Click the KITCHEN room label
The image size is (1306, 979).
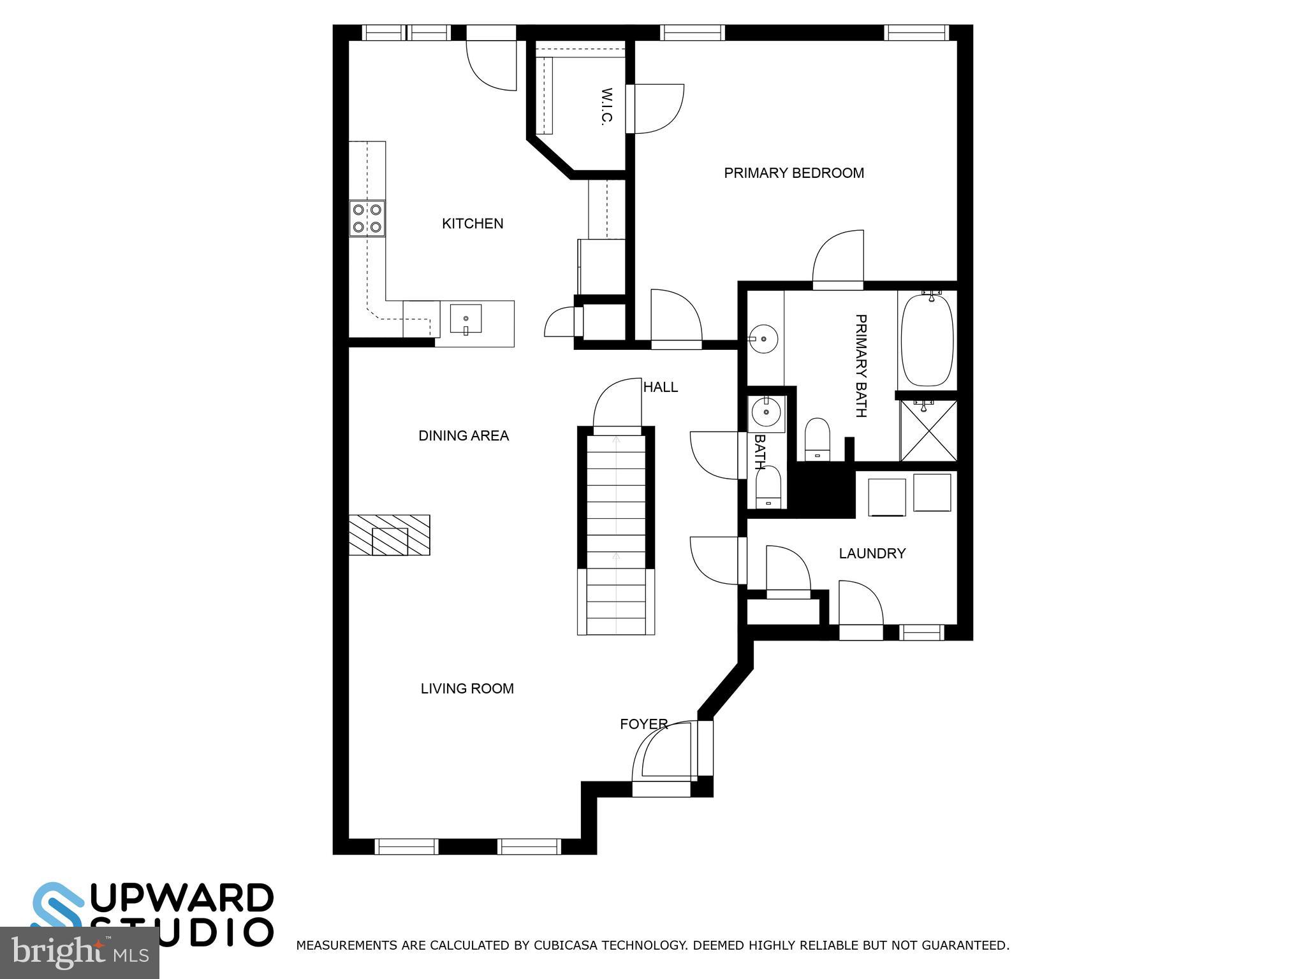pos(473,224)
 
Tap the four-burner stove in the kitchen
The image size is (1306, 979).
pos(367,218)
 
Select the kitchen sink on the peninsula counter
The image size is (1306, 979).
pos(466,319)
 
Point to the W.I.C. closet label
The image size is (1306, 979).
pos(606,106)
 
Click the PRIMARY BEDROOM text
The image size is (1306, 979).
pos(794,173)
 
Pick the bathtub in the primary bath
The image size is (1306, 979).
pos(927,339)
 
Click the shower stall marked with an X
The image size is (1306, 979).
pos(928,431)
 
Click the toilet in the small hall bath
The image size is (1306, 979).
pos(768,488)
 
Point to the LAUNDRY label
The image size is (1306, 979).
pos(872,553)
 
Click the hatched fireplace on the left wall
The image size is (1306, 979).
pos(389,535)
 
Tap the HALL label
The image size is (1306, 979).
pos(660,387)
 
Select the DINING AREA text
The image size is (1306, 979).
pos(464,436)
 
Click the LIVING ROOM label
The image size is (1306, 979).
pos(467,688)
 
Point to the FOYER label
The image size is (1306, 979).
pos(643,724)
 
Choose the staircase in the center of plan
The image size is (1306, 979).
pos(616,529)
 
